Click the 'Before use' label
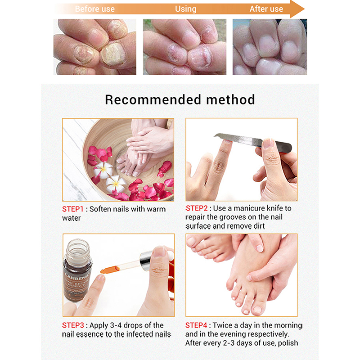coord(94,9)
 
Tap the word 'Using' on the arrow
coord(185,9)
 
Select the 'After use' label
coord(266,9)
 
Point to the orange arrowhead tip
coord(304,9)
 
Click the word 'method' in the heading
coord(230,99)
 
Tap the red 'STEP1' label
coord(72,209)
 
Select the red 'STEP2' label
coord(197,208)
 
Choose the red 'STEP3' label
coord(73,325)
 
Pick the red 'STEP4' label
coord(196,325)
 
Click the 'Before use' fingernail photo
coord(95,47)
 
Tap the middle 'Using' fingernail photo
coord(184,47)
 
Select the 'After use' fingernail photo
coord(270,47)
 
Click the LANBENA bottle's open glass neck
coord(77,249)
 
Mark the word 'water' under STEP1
coord(72,218)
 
